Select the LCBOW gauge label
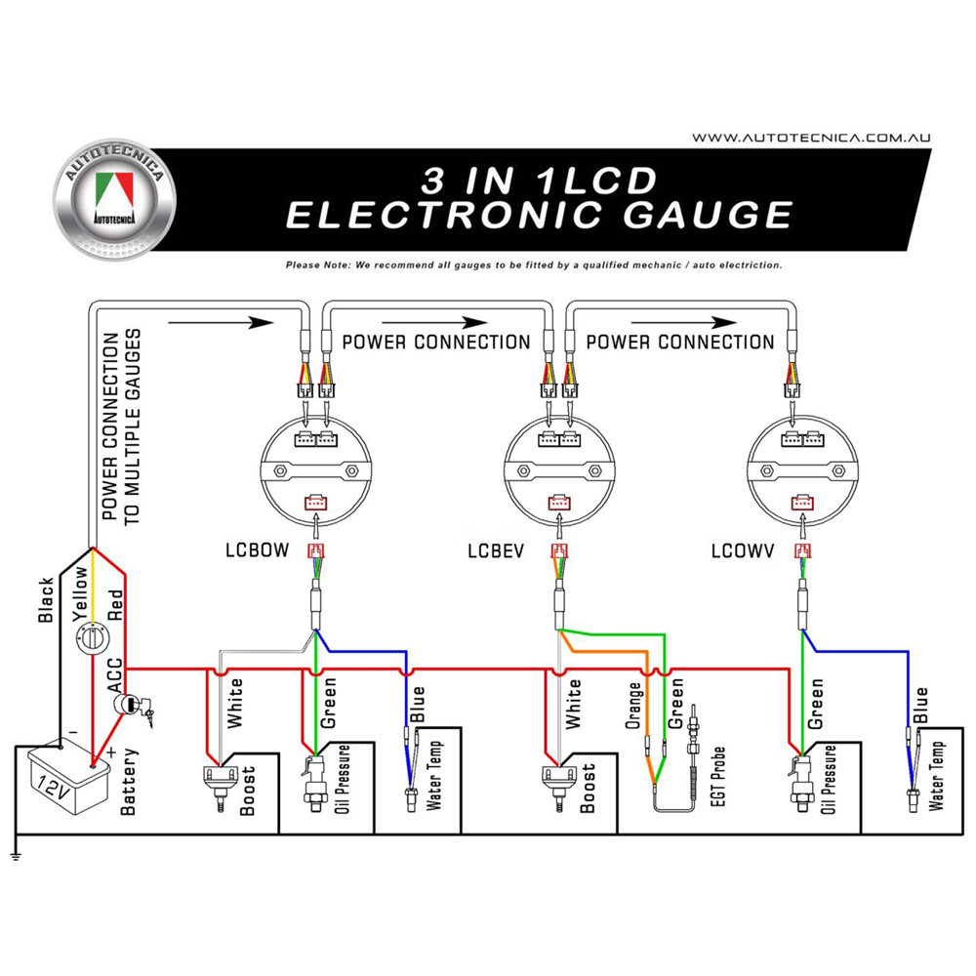coord(257,551)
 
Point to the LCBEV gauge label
coord(496,551)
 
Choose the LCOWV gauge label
coord(743,551)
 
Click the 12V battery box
coord(61,775)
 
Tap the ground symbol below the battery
coord(15,856)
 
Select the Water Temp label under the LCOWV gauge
coord(937,776)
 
